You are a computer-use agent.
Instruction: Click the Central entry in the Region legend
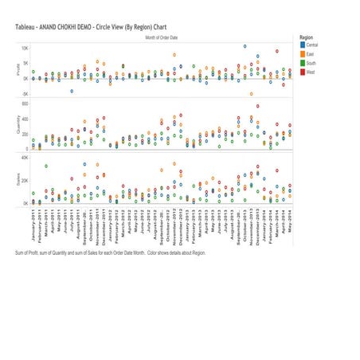click(x=311, y=45)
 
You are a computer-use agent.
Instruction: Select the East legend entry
click(x=309, y=53)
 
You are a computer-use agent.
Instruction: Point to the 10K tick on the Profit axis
click(x=24, y=48)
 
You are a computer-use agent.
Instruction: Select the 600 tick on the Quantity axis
click(x=25, y=104)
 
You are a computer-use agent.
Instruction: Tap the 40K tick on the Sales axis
click(x=24, y=158)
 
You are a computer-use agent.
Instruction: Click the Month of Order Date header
click(x=162, y=37)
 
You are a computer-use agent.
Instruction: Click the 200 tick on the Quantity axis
click(x=25, y=134)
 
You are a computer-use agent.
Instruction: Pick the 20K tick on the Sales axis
click(x=24, y=181)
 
